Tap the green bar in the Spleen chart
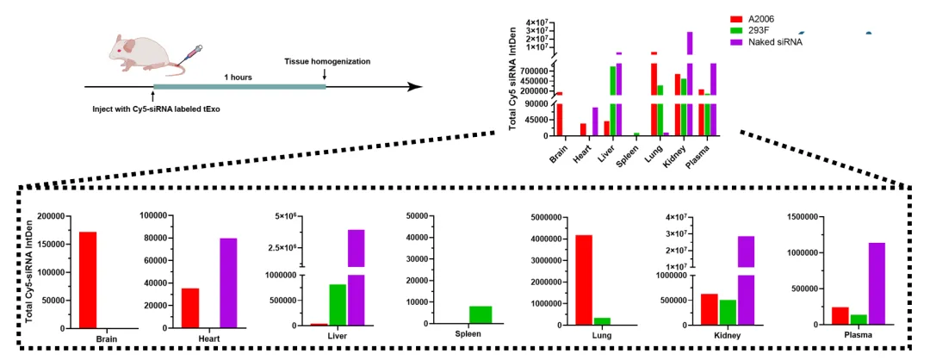(480, 314)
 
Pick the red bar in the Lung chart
(584, 279)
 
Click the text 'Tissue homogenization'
(327, 61)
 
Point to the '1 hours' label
(238, 78)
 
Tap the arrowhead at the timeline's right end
(415, 87)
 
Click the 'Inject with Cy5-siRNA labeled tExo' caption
(157, 109)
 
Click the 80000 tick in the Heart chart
(153, 238)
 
